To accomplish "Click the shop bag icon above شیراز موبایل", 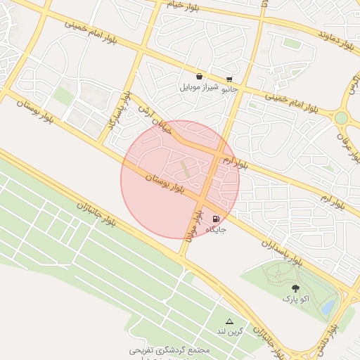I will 200,76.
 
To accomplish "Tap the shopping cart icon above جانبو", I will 229,79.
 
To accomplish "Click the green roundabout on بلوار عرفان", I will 342,118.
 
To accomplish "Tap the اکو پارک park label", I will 295,299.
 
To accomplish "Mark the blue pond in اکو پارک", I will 328,307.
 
